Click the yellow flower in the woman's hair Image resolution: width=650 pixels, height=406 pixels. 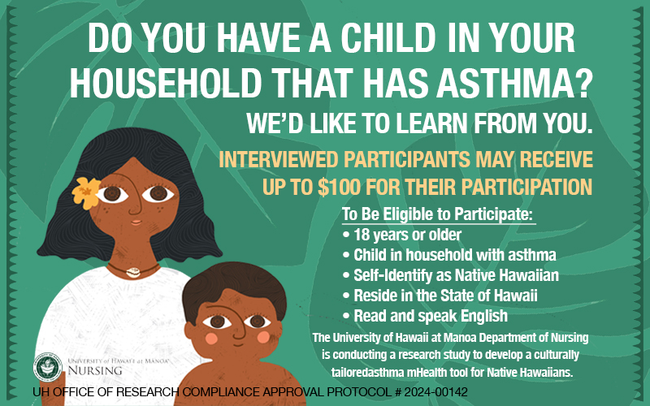click(x=86, y=192)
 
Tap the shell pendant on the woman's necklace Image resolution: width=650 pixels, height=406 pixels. click(x=133, y=272)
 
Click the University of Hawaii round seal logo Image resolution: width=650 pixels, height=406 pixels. click(x=48, y=367)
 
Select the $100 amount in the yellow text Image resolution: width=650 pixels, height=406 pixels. click(x=339, y=187)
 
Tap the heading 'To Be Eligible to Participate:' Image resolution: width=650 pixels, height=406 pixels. click(x=437, y=214)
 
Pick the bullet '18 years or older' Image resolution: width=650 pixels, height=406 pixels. click(x=401, y=235)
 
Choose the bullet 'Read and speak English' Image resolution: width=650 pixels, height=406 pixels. click(x=425, y=316)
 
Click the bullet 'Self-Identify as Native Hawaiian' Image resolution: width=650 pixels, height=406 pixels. click(x=451, y=275)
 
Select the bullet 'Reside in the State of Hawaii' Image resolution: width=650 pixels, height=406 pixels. click(x=440, y=296)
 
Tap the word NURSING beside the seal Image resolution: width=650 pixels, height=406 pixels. click(x=95, y=370)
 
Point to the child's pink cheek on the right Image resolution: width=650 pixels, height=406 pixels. click(x=263, y=337)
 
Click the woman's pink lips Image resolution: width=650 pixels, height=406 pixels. click(x=136, y=222)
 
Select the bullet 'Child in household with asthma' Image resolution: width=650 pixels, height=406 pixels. click(x=449, y=255)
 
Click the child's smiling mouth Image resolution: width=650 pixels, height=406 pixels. click(x=239, y=343)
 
